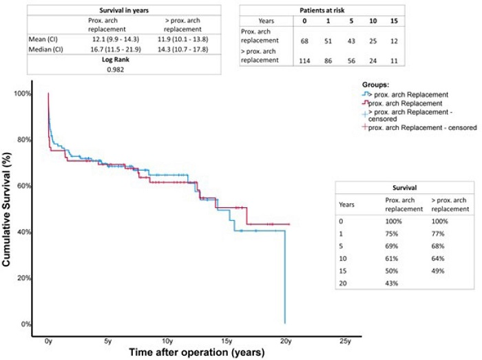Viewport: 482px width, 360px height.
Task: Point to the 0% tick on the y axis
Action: [x=26, y=324]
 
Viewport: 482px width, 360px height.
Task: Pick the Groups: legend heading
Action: [x=376, y=84]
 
